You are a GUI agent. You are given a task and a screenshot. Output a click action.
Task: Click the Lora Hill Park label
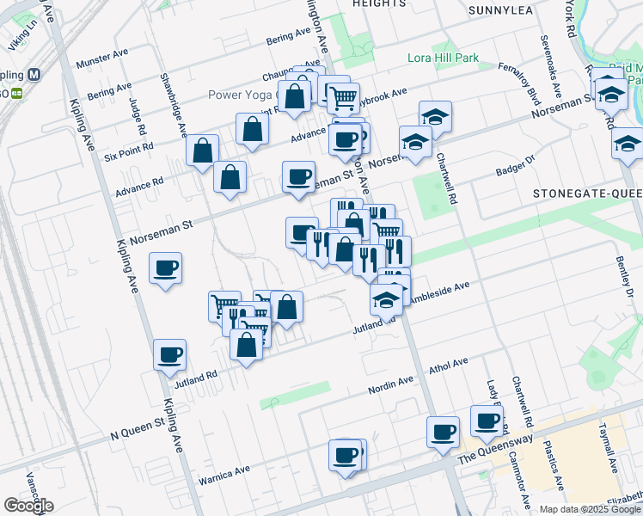point(442,59)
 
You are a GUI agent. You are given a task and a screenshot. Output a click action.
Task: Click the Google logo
point(28,506)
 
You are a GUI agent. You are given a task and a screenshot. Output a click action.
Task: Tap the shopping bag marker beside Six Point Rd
point(201,150)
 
